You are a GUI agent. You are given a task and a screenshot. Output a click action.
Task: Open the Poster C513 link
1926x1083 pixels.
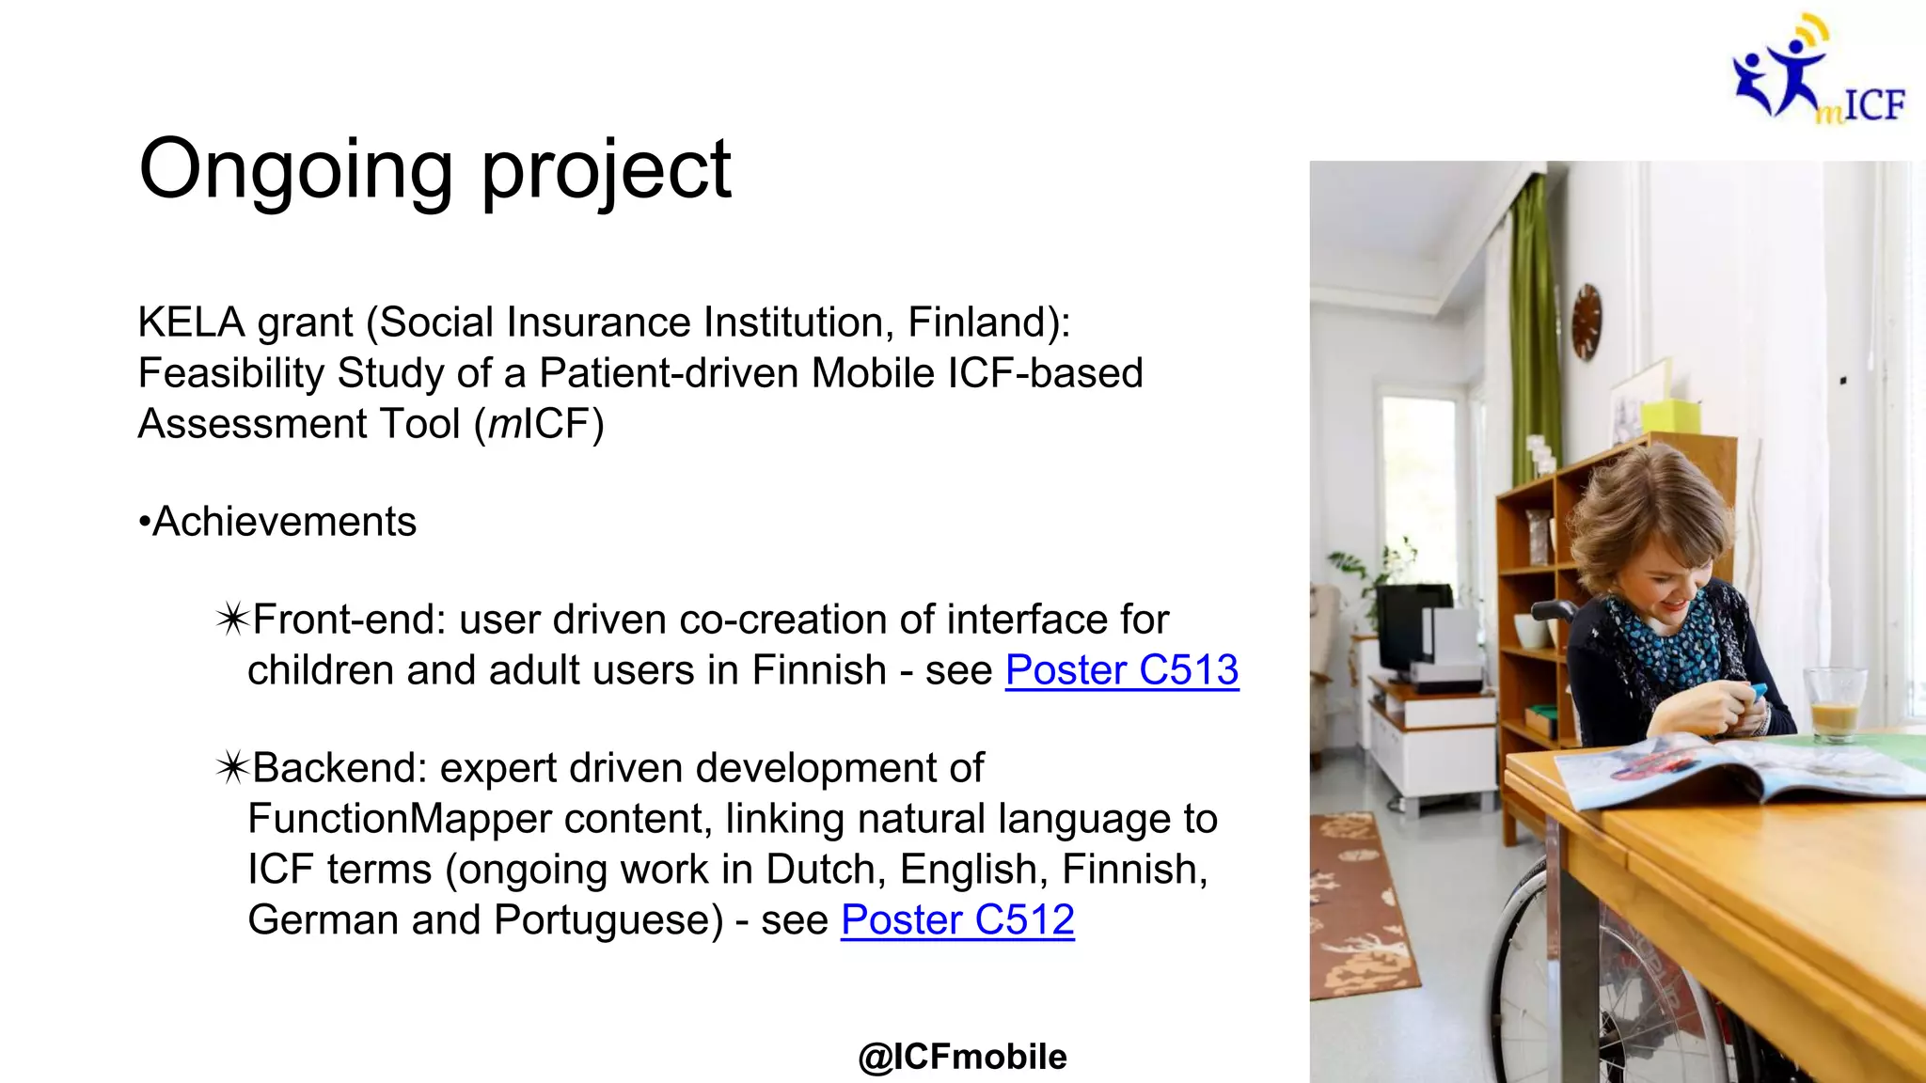(1121, 671)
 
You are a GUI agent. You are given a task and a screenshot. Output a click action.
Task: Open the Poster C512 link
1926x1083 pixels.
(957, 920)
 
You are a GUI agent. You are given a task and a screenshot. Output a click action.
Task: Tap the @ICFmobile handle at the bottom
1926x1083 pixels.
(962, 1058)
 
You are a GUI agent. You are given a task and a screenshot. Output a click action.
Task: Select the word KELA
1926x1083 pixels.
(191, 323)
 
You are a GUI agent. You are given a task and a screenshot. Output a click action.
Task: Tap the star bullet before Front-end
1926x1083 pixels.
(231, 620)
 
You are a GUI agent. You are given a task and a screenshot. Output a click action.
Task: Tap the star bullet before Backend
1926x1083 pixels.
(231, 769)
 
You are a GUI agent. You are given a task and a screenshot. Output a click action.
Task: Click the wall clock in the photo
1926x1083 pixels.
(1587, 322)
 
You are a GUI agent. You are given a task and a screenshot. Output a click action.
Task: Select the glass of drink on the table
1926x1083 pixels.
(1833, 703)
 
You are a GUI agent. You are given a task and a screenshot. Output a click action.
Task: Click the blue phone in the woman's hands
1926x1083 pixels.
(1756, 695)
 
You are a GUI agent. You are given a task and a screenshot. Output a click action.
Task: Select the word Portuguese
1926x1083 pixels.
(608, 920)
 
